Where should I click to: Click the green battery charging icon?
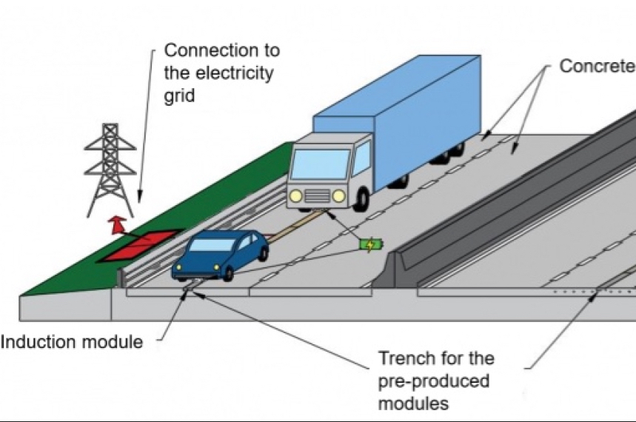coord(371,244)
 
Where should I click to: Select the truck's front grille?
coord(317,195)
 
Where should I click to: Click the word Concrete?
coord(597,66)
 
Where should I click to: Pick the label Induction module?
coord(72,342)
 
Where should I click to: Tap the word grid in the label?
coord(180,96)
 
